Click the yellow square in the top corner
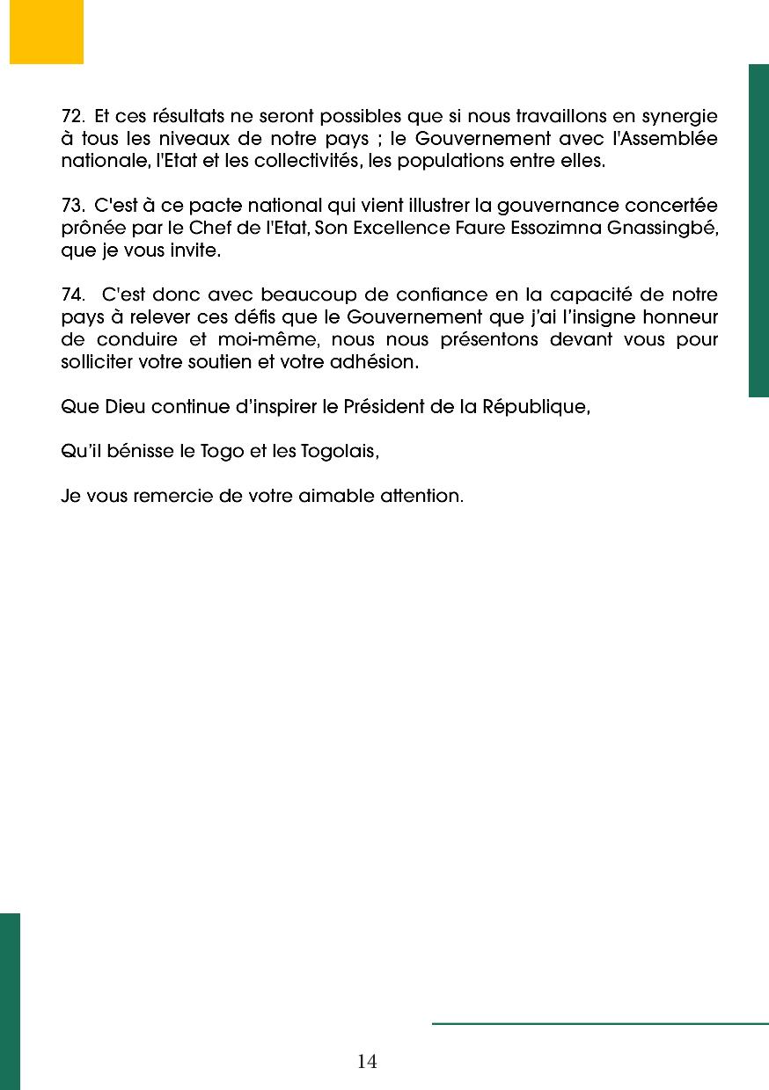[x=47, y=32]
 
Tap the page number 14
[x=367, y=1062]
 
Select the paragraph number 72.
[x=72, y=116]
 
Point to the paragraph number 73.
[x=72, y=206]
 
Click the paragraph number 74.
[x=72, y=294]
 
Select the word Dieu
[x=122, y=407]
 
